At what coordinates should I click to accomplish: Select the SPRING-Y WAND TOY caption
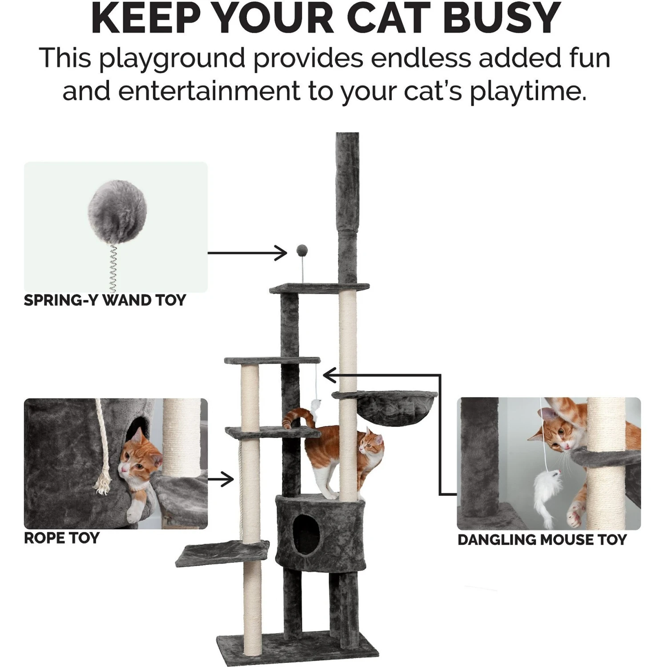tap(104, 301)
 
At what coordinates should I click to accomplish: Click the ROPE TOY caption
tap(61, 538)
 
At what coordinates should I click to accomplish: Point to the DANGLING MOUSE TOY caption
tap(542, 540)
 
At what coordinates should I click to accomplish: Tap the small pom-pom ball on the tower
tap(303, 252)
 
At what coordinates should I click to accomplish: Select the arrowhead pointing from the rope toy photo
tap(229, 479)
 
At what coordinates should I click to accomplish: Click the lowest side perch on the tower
tap(222, 553)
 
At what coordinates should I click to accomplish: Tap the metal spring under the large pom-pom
tap(111, 266)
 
